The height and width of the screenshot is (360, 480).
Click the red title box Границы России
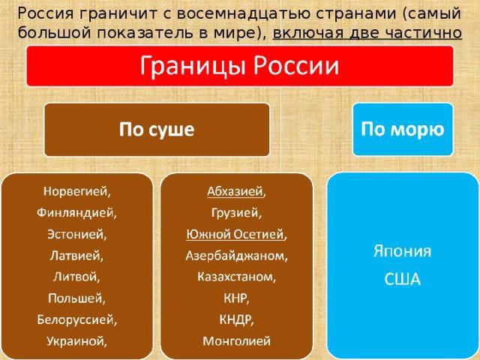coord(240,66)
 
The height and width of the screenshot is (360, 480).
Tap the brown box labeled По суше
coord(157,130)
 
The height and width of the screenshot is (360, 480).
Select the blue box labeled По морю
coord(403,130)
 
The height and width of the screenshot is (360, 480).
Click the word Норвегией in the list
coord(76,191)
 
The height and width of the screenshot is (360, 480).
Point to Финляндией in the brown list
coord(76,213)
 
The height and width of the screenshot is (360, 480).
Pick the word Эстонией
coord(76,234)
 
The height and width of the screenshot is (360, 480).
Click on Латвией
coord(76,256)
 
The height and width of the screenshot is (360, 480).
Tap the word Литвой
coord(76,277)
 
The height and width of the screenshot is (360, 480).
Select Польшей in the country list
coord(76,298)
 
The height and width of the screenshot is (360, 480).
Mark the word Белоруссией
coord(76,320)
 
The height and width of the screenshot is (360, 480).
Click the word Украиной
coord(76,341)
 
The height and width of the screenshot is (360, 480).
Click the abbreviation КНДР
coord(236,320)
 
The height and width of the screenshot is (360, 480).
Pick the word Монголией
coord(237,341)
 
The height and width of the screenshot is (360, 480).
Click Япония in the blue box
coord(403,252)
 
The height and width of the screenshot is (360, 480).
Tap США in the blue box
coord(402,279)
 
